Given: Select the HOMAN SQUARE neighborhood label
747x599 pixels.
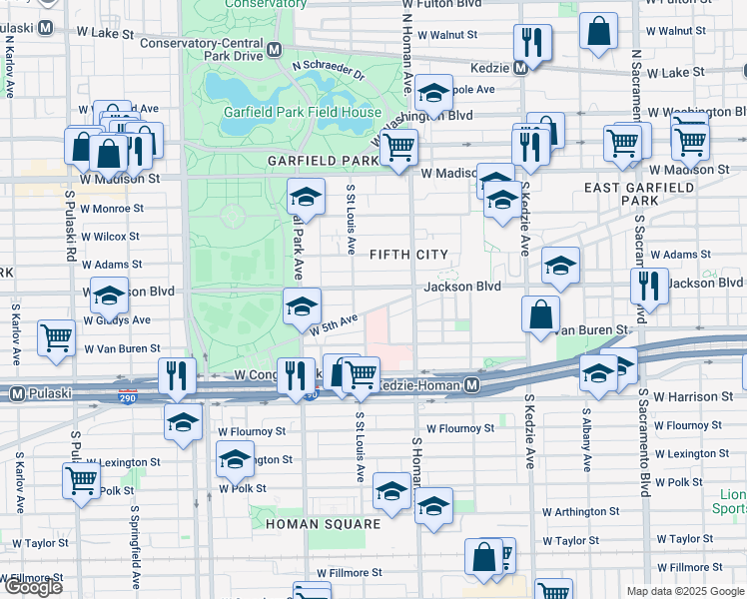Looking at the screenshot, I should point(323,523).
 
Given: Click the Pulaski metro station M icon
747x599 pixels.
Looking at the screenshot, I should point(17,394).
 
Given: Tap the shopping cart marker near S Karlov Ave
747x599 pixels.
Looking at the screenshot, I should point(56,336).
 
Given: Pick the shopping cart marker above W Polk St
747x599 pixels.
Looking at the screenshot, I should point(81,479).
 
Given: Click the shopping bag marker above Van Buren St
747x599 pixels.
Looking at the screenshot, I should point(539,313).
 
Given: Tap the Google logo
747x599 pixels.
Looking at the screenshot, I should point(32,587).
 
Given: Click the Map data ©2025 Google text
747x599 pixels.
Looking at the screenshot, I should point(685,591).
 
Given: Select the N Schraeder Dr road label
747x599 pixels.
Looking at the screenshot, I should point(330,71).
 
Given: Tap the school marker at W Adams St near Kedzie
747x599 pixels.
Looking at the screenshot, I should point(561,266).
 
